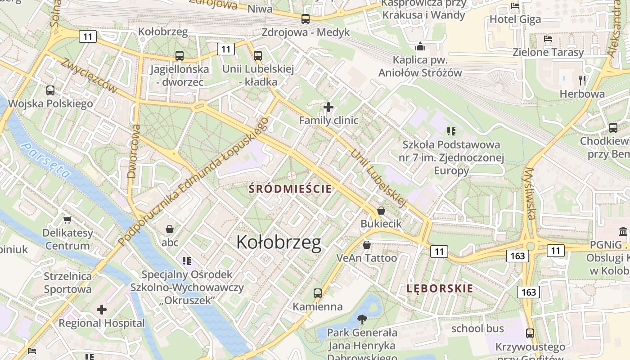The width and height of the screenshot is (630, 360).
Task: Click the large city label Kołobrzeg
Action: [x=279, y=242]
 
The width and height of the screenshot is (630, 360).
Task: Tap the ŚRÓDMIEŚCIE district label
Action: [x=291, y=189]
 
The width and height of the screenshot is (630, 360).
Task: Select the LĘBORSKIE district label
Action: [x=440, y=288]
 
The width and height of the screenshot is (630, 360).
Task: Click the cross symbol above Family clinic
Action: [x=328, y=107]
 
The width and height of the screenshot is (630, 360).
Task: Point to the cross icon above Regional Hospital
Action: [x=102, y=310]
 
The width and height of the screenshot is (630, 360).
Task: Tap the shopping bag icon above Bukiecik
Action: [x=381, y=211]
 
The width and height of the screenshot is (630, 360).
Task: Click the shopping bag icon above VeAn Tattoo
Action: [x=367, y=245]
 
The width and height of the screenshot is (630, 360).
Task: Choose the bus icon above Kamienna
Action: [x=318, y=293]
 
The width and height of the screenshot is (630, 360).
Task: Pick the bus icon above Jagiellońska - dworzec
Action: [x=180, y=56]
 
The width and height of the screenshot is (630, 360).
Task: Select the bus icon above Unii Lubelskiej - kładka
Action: [x=258, y=56]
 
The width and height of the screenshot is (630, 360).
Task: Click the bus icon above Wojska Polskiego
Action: [x=50, y=90]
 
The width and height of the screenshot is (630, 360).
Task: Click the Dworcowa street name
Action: [x=134, y=151]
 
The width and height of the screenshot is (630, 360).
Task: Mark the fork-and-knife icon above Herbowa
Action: [x=582, y=81]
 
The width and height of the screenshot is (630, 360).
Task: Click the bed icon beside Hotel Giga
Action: [x=515, y=6]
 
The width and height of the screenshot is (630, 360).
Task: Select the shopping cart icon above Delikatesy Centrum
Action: [x=67, y=220]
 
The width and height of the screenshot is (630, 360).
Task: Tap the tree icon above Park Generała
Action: [x=361, y=319]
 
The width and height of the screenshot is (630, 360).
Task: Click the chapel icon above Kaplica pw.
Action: [x=420, y=46]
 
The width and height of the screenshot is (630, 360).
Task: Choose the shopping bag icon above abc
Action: [x=170, y=229]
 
